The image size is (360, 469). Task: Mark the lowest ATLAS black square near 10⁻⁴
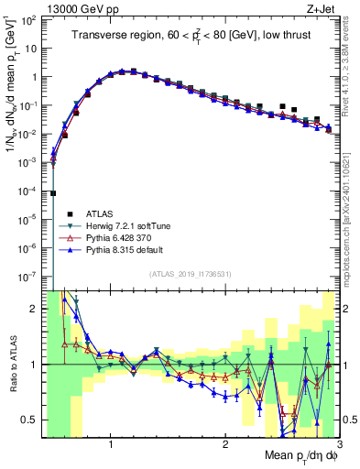53,193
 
